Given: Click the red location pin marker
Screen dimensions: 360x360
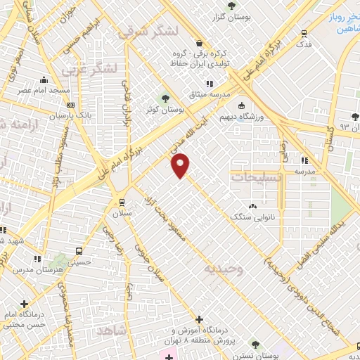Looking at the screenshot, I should (181, 165).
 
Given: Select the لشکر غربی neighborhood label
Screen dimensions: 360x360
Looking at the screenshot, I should (87, 70).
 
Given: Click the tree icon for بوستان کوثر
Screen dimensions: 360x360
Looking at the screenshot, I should (166, 98).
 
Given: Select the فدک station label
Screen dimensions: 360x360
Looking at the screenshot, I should (304, 45).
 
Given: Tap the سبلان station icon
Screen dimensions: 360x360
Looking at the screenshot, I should (122, 198).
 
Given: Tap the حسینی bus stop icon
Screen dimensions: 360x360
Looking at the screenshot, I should (79, 251).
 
